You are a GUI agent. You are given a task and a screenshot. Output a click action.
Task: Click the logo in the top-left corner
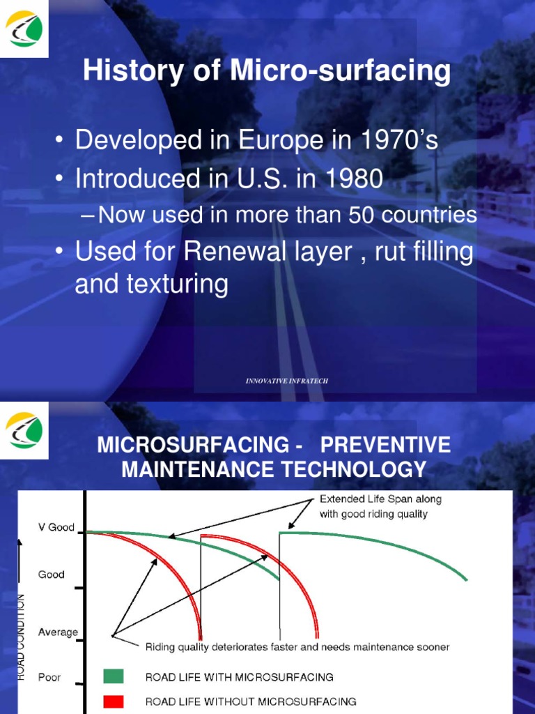click(x=24, y=29)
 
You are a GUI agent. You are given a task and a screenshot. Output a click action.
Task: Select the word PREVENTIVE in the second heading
click(x=386, y=444)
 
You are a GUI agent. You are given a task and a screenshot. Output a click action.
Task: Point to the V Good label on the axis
click(x=56, y=528)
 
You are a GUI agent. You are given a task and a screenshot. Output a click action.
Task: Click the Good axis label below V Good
click(x=52, y=575)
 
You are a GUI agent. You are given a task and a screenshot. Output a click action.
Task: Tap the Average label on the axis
click(x=58, y=632)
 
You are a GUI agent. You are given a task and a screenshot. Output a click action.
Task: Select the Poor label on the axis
click(x=49, y=677)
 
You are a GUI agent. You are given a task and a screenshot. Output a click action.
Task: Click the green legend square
click(x=113, y=676)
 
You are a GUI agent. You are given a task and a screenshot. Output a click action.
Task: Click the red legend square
click(x=113, y=701)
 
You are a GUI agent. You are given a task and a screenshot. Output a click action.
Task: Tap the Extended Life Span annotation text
click(x=380, y=507)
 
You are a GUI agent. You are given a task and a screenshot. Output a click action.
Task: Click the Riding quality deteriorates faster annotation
click(x=297, y=647)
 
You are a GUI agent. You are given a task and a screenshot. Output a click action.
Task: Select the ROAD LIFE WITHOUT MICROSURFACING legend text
click(x=251, y=701)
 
